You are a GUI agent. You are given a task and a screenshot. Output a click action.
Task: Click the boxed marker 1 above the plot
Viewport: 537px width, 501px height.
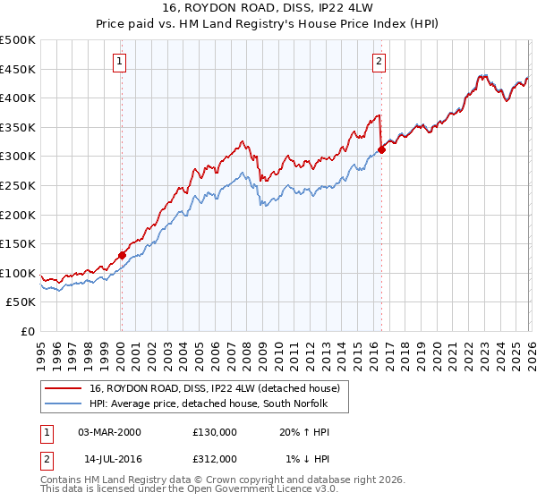[x=120, y=62]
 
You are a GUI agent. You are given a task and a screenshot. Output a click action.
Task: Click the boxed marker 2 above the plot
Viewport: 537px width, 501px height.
[x=379, y=62]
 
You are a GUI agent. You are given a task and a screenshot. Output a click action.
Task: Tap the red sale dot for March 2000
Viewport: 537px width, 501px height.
[x=122, y=255]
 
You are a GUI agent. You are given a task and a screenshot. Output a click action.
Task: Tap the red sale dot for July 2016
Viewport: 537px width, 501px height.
[x=381, y=149]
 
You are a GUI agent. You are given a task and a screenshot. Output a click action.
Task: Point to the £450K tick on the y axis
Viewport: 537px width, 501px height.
[x=18, y=69]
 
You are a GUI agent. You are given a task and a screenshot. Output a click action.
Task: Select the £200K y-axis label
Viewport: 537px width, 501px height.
[x=18, y=215]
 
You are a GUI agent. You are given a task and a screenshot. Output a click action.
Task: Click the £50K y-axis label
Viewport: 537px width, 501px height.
[x=21, y=302]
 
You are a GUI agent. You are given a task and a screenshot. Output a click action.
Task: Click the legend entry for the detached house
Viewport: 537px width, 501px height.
[x=214, y=389]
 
